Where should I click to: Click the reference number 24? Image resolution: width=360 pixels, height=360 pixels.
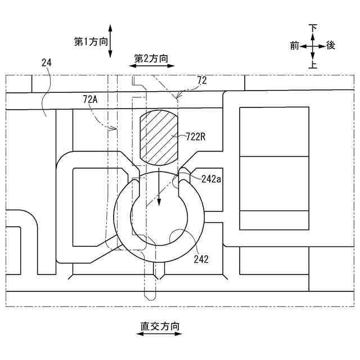click(x=47, y=64)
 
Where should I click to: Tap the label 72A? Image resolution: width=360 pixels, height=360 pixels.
click(x=90, y=99)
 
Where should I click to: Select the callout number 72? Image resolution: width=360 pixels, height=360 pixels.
click(x=202, y=80)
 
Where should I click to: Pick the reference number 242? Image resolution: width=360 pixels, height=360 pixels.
click(x=200, y=259)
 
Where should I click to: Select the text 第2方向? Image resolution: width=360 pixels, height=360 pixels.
click(x=151, y=57)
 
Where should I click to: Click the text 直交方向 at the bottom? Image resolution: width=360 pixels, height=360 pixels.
click(x=160, y=325)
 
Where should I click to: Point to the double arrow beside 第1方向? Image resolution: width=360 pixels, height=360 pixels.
click(x=111, y=40)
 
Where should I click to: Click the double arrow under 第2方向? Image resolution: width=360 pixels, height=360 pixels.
click(x=152, y=66)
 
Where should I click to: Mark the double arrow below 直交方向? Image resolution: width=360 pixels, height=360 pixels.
click(x=160, y=334)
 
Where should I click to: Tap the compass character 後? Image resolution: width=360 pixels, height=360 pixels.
click(x=331, y=46)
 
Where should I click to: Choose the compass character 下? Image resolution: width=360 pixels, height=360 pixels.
click(x=313, y=28)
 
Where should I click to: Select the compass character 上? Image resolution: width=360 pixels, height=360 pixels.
click(x=313, y=64)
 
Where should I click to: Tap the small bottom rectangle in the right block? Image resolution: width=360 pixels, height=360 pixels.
click(x=274, y=219)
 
